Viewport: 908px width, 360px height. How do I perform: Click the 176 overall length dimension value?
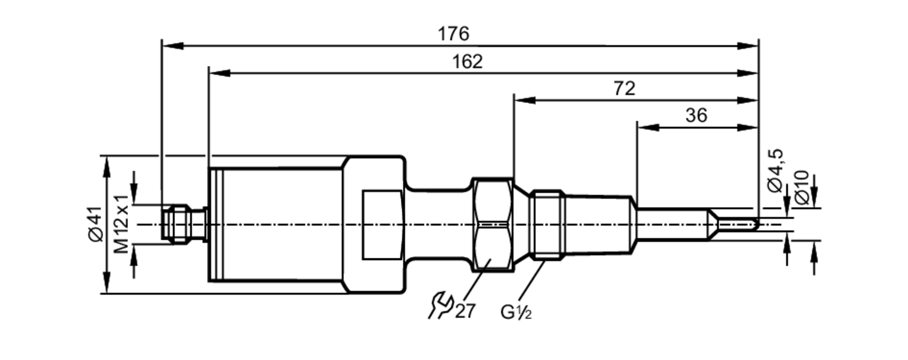(453, 34)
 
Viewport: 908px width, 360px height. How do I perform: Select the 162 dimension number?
(467, 61)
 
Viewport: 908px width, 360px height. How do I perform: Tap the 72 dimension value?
(624, 89)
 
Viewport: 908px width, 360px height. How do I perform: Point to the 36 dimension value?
(696, 115)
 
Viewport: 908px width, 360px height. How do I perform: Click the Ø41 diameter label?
(96, 224)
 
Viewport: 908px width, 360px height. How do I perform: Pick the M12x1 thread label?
(122, 224)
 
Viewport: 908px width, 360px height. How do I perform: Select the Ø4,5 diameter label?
(775, 170)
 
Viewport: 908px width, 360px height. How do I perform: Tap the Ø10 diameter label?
(802, 187)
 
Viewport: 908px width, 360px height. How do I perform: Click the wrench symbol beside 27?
(440, 305)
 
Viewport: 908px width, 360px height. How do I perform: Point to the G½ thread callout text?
(516, 312)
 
